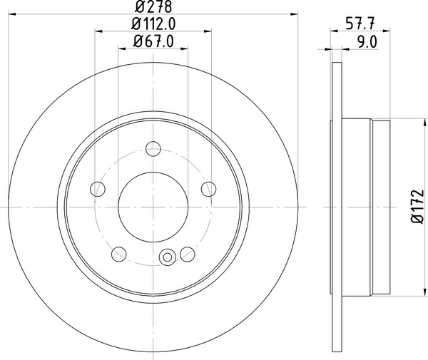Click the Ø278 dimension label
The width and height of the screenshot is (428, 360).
[153, 8]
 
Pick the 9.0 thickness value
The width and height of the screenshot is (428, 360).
[367, 41]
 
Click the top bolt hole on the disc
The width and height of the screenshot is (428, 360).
[153, 149]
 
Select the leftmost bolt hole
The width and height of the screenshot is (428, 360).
[97, 189]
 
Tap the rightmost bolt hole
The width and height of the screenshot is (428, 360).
[208, 188]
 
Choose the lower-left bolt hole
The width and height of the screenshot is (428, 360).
[118, 254]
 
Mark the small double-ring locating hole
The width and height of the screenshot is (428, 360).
[169, 256]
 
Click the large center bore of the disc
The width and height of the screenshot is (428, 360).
[153, 206]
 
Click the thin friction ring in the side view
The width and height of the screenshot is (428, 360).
[335, 207]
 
